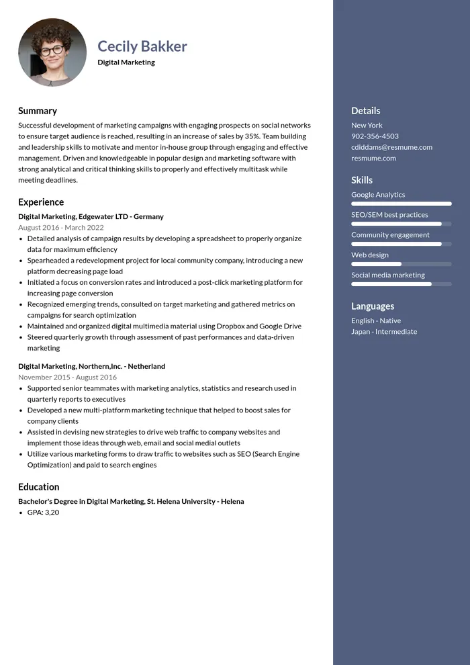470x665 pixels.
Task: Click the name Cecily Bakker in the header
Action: pos(142,46)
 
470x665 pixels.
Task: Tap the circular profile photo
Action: pos(52,52)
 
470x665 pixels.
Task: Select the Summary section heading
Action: pos(38,111)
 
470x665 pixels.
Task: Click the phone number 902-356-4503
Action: pos(375,136)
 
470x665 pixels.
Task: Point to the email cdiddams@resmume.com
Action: pos(391,147)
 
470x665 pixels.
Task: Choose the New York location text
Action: pos(367,126)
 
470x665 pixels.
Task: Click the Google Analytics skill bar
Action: pos(401,204)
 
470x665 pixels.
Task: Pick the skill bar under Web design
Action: pos(401,264)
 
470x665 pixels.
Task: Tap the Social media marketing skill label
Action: pos(387,275)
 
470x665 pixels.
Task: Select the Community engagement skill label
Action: pos(390,235)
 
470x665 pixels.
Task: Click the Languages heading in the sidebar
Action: pos(373,306)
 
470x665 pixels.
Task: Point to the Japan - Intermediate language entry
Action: pos(383,332)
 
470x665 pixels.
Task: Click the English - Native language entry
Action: pos(375,321)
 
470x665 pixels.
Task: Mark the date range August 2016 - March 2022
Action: pos(61,228)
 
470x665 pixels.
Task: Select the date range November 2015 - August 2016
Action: pos(67,378)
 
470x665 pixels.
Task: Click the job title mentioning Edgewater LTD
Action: pos(91,217)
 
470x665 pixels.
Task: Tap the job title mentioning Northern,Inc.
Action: pos(91,367)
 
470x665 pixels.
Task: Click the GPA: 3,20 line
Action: pos(43,513)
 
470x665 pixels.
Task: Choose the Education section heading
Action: pos(39,487)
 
